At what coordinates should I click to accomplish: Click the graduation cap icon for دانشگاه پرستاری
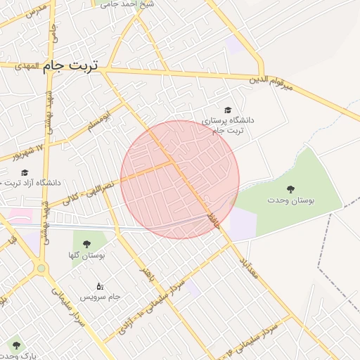227,110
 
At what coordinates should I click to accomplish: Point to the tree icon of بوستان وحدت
290,188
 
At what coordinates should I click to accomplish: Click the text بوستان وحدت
290,200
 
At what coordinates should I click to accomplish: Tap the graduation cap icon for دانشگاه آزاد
25,172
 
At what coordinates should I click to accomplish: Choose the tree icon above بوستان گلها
86,245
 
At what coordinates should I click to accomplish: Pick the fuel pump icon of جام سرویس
100,286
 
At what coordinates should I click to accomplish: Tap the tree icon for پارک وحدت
16,345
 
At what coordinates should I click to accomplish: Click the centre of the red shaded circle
180,179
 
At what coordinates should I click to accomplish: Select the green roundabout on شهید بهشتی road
41,268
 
